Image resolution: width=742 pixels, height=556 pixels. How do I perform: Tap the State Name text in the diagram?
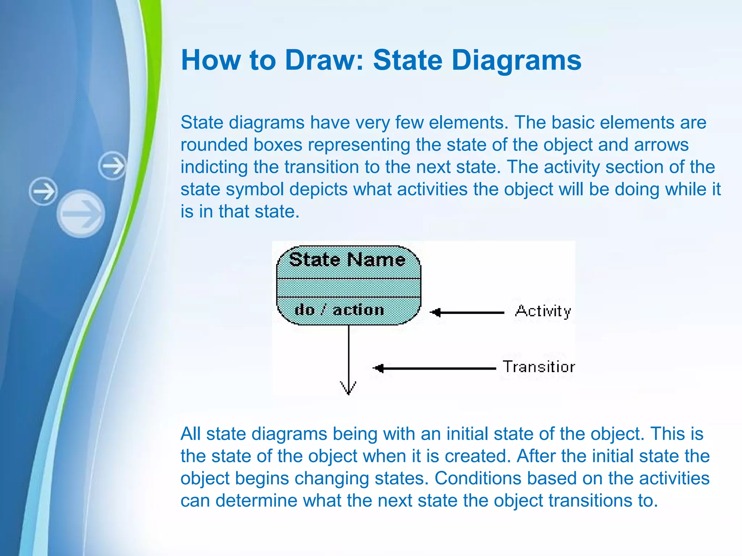coord(347,260)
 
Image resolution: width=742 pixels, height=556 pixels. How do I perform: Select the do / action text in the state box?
coord(339,310)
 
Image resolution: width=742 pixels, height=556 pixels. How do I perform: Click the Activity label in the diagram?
coord(543,311)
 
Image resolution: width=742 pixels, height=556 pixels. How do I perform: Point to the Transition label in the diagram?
coord(538,367)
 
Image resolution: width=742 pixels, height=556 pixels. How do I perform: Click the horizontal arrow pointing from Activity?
coord(467,312)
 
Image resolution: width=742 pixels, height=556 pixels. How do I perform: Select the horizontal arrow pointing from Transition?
coord(435,368)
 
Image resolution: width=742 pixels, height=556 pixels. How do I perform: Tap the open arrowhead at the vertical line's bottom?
coord(349,388)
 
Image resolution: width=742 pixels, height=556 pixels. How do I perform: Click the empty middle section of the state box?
coord(349,288)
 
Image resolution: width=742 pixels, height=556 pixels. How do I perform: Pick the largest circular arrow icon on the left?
coord(81,214)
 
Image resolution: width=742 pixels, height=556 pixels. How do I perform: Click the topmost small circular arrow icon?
coord(113,166)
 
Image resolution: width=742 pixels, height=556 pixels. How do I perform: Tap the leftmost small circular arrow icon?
coord(43,191)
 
